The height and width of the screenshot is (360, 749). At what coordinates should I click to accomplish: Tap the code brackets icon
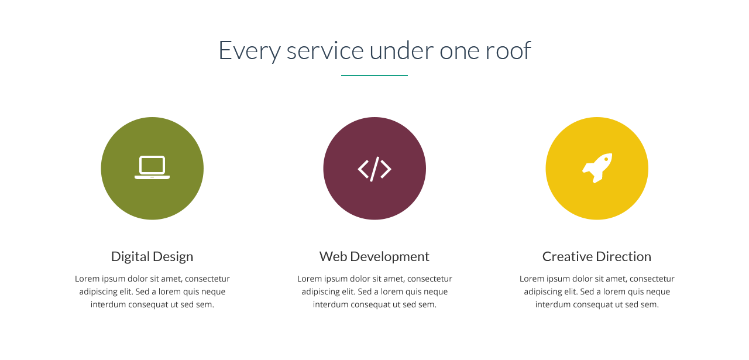tap(374, 169)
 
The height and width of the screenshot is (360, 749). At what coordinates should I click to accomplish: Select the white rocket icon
tap(597, 168)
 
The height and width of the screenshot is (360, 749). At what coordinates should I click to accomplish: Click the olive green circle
tap(152, 168)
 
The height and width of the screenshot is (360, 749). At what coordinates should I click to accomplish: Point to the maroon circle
tap(374, 168)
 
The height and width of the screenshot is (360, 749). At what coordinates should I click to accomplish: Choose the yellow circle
tap(597, 168)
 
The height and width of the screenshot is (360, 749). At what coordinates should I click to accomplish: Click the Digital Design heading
tap(152, 257)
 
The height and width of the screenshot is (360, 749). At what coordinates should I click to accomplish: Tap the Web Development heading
tap(374, 256)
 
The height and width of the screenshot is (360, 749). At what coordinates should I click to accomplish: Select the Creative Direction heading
tap(597, 256)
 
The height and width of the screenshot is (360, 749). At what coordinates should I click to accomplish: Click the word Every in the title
tap(249, 51)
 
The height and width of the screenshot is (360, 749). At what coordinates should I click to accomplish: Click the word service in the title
tap(325, 50)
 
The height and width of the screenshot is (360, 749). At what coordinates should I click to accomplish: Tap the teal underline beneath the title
tap(374, 76)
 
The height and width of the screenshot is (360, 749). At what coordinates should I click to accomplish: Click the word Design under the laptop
tap(173, 257)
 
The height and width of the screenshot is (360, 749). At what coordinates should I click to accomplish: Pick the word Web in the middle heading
tap(334, 256)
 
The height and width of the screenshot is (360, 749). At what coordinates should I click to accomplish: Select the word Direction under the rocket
tap(624, 256)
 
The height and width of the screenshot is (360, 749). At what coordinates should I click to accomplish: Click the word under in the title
tap(401, 50)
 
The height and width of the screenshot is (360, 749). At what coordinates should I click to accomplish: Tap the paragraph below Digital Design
tap(152, 292)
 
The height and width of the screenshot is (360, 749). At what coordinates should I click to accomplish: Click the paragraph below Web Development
tap(374, 292)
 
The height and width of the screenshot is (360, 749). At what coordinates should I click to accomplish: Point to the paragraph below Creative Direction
tap(597, 292)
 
